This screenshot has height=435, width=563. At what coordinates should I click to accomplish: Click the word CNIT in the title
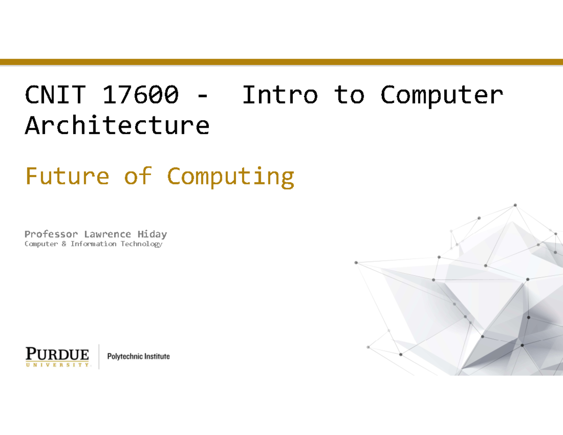point(55,95)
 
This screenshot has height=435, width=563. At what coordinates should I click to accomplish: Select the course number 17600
point(140,95)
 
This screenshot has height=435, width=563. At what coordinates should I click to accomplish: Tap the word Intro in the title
point(280,95)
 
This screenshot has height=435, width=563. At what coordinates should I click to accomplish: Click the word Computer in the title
point(441,96)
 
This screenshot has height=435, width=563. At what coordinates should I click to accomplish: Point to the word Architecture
point(117,126)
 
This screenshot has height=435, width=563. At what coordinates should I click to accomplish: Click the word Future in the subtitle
point(67,176)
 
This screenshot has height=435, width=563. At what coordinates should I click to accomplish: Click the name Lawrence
point(107,234)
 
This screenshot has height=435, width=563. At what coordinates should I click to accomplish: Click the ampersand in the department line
point(64,244)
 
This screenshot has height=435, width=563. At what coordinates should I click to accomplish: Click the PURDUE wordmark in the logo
point(57,353)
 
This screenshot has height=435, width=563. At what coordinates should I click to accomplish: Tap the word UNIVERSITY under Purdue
point(57,364)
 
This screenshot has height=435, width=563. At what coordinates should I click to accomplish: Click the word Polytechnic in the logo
point(124,357)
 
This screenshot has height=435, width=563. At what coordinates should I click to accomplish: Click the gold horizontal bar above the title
point(281,62)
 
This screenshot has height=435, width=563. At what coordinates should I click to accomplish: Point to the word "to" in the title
point(349,95)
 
